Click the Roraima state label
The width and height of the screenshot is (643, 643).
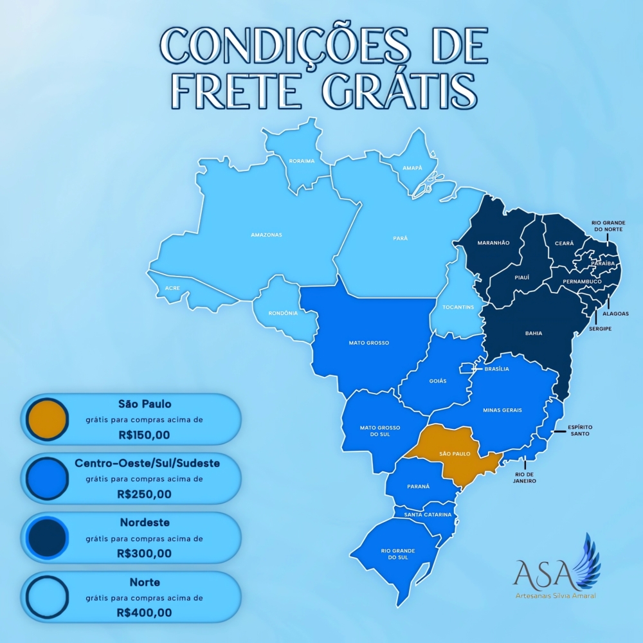click(x=302, y=161)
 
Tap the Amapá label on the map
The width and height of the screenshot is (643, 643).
click(x=412, y=168)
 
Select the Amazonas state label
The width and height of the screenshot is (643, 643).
click(x=266, y=235)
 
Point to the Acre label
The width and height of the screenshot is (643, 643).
click(x=172, y=288)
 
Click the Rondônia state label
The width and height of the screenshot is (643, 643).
click(x=284, y=313)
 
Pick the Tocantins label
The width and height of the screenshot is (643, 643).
click(x=458, y=307)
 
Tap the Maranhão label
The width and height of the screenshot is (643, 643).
click(x=493, y=243)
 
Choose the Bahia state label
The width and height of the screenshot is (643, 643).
click(x=533, y=333)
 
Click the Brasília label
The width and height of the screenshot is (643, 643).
click(x=496, y=369)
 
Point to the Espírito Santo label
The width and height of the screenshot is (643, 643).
click(x=579, y=430)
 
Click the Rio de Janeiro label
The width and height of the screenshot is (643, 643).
click(x=525, y=477)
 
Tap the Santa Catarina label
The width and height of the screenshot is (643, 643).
click(x=428, y=515)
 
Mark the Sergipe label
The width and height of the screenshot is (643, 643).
click(x=600, y=329)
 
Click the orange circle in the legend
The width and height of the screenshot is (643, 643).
click(x=48, y=419)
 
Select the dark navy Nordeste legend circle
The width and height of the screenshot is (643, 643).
click(x=48, y=538)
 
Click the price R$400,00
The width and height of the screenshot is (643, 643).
click(x=144, y=613)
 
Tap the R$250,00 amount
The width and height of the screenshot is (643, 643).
click(x=144, y=494)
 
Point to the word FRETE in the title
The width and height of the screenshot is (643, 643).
click(x=239, y=91)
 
